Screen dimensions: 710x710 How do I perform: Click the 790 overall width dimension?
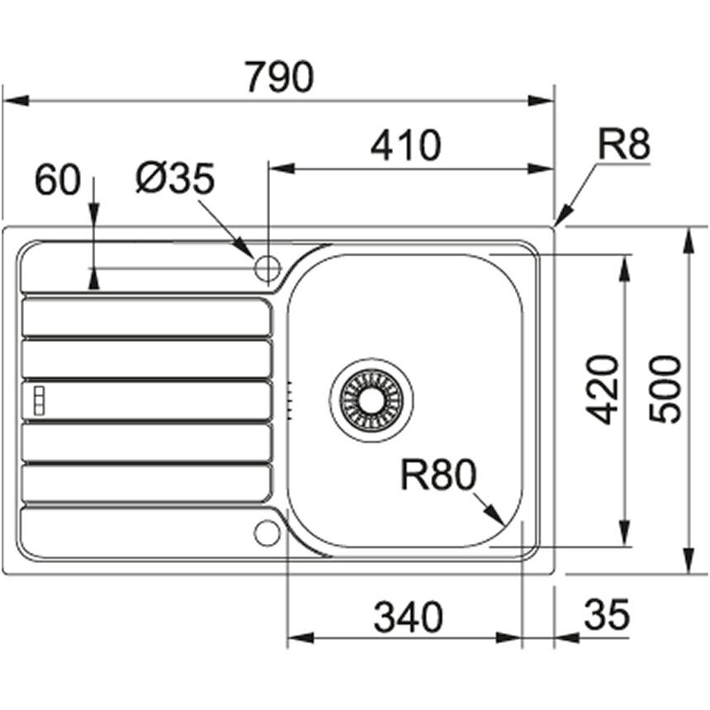pos(279,77)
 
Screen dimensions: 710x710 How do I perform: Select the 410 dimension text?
pos(405,145)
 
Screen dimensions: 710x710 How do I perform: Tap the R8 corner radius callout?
pos(624,144)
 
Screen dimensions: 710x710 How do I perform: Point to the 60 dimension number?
pos(58,180)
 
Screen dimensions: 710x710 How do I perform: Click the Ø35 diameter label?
pos(175,178)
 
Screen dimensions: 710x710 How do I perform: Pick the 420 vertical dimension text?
pos(602,390)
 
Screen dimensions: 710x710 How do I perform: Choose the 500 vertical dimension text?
pos(665,390)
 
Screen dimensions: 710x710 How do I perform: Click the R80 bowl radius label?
pos(438,475)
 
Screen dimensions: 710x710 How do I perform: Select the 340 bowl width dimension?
pos(409,618)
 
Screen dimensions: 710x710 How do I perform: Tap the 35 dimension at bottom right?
pos(607,614)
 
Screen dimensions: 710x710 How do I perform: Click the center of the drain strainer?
pos(372,400)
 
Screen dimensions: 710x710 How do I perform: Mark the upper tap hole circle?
pos(267,268)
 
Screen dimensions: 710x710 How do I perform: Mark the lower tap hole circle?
pos(267,533)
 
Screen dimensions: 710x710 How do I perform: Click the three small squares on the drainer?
pos(40,400)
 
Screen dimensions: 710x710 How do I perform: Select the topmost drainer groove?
pos(146,317)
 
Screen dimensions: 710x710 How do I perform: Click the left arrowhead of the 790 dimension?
pos(16,101)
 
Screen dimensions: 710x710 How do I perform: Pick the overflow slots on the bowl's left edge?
pos(289,400)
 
